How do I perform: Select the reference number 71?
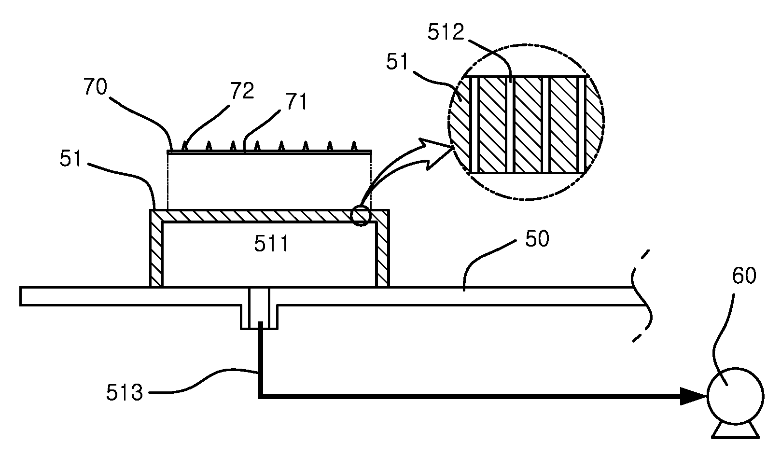pyautogui.click(x=296, y=102)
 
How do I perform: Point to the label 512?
pyautogui.click(x=446, y=32)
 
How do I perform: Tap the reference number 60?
pyautogui.click(x=744, y=276)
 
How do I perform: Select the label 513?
pyautogui.click(x=125, y=392)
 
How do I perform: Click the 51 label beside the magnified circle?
pyautogui.click(x=397, y=62)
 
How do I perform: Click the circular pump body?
pyautogui.click(x=736, y=397)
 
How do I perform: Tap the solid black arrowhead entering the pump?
pyautogui.click(x=694, y=396)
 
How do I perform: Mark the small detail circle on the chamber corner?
pyautogui.click(x=360, y=216)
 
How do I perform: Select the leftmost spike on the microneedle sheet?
pyautogui.click(x=184, y=146)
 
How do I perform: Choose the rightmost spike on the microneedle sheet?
pyautogui.click(x=354, y=146)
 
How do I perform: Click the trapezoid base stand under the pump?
pyautogui.click(x=736, y=431)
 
